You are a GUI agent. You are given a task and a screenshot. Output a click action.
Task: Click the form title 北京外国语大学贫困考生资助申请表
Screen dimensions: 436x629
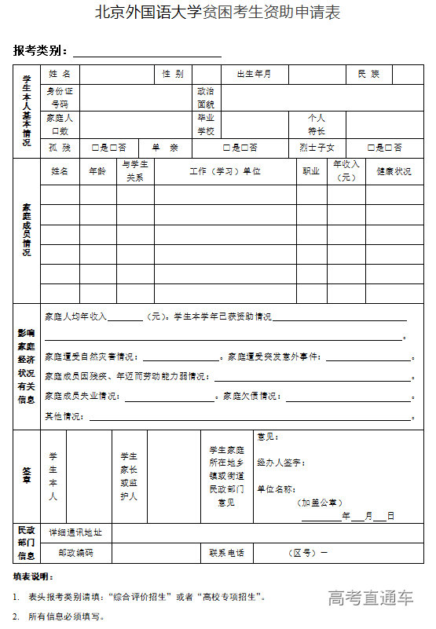click(218, 13)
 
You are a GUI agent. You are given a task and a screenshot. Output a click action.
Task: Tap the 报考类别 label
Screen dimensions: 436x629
click(41, 52)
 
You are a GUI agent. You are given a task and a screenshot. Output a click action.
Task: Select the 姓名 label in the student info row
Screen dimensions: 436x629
click(60, 74)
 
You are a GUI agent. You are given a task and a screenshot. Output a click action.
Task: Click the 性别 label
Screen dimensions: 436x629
click(173, 74)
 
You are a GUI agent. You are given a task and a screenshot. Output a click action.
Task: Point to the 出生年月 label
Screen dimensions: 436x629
click(254, 74)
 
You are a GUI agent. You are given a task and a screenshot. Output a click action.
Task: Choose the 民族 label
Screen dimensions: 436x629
click(368, 74)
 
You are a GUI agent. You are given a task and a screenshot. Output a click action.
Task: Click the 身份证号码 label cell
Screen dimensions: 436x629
click(60, 97)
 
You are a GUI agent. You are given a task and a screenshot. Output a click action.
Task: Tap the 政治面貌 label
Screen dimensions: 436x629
click(206, 97)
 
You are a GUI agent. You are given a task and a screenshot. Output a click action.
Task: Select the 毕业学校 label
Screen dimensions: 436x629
click(206, 124)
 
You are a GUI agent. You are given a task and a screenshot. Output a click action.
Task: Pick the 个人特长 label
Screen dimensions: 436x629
click(317, 124)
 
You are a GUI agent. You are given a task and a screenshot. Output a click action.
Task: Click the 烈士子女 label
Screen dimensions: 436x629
click(317, 148)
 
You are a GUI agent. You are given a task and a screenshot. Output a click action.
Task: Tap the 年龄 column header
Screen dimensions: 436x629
click(97, 170)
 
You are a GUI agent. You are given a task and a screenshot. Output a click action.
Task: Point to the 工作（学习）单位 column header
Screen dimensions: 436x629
click(225, 170)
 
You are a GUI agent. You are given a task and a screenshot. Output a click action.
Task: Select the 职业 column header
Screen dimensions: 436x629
click(311, 170)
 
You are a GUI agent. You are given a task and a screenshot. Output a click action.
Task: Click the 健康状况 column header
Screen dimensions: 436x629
click(394, 170)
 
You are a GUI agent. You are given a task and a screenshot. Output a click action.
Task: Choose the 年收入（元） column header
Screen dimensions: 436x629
click(346, 170)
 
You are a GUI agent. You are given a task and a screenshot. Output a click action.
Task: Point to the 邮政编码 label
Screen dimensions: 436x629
click(75, 553)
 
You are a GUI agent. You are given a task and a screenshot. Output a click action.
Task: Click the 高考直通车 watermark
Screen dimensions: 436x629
click(371, 598)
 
